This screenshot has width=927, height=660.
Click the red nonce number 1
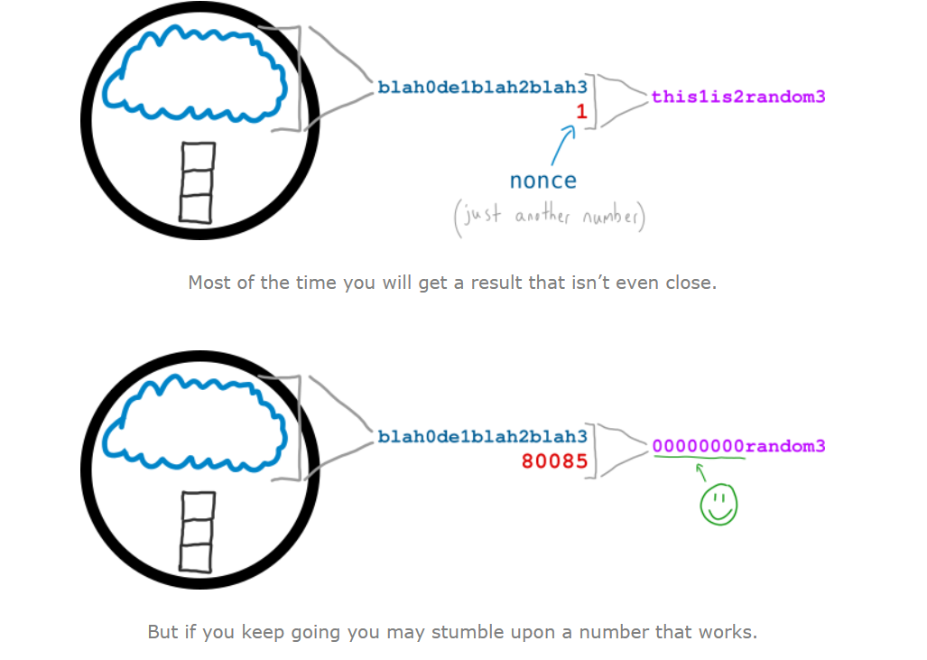point(581,112)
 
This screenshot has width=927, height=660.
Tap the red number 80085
point(554,461)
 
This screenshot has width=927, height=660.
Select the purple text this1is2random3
point(738,97)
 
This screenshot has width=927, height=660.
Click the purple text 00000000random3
point(738,446)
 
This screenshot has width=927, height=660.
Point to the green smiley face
point(718,506)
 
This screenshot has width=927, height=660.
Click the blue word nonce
point(542,181)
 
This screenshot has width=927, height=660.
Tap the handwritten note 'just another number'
point(550,218)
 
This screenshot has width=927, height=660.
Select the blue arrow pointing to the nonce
point(563,144)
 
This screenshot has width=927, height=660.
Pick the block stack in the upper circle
point(198,181)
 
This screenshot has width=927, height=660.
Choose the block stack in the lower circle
point(198,531)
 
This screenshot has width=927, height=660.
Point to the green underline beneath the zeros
point(700,458)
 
